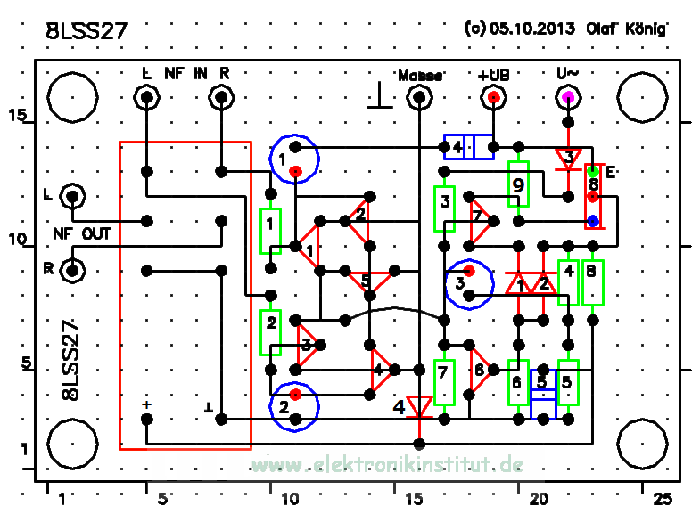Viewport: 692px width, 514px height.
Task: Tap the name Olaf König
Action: click(x=626, y=29)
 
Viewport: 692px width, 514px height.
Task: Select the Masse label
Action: click(x=419, y=76)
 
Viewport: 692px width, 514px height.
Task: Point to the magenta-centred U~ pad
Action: click(x=567, y=98)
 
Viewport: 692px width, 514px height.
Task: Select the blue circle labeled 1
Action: click(x=295, y=159)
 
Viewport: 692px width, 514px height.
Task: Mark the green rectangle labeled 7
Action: click(x=443, y=380)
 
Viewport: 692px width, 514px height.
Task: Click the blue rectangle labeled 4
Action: click(x=468, y=147)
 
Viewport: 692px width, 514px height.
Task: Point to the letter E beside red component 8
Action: click(x=610, y=173)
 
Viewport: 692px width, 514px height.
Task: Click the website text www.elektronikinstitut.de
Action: click(x=385, y=465)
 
